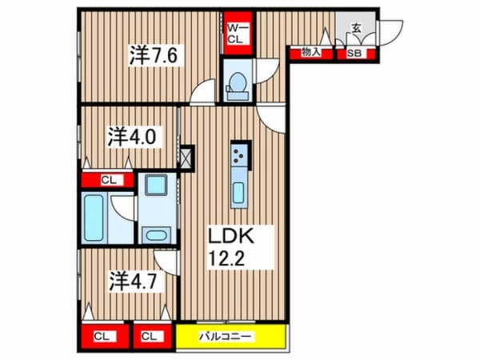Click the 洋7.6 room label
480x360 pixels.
pyautogui.click(x=154, y=54)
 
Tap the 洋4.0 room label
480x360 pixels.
pyautogui.click(x=132, y=137)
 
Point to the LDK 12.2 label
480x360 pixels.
pyautogui.click(x=231, y=247)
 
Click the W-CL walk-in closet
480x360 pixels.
pyautogui.click(x=238, y=33)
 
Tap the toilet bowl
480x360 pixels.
pyautogui.click(x=238, y=83)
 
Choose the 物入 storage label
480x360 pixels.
pyautogui.click(x=310, y=53)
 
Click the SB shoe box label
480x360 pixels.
pyautogui.click(x=354, y=54)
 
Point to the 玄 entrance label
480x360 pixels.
pyautogui.click(x=356, y=29)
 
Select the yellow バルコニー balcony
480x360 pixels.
pyautogui.click(x=232, y=336)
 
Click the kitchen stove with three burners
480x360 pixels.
pyautogui.click(x=238, y=156)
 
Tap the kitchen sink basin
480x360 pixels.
pyautogui.click(x=238, y=193)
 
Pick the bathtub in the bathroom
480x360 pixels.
pyautogui.click(x=94, y=218)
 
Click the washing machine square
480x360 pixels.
pyautogui.click(x=156, y=185)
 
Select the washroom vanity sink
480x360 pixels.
pyautogui.click(x=156, y=235)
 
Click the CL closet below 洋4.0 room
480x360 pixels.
pyautogui.click(x=107, y=180)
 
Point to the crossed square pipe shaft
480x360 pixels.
pyautogui.click(x=187, y=158)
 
